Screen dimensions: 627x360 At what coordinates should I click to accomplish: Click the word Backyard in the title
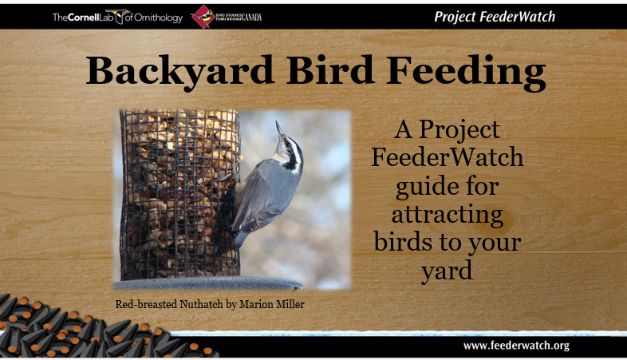(180, 72)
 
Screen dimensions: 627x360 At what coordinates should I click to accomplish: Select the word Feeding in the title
(466, 73)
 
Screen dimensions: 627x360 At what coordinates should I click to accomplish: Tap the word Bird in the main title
(330, 70)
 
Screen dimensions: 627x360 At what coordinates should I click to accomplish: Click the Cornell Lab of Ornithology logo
(117, 17)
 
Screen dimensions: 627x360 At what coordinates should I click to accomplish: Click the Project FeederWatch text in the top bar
(495, 17)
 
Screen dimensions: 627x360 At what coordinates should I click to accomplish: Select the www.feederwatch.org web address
(516, 346)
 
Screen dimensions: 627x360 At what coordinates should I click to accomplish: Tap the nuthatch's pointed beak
(279, 128)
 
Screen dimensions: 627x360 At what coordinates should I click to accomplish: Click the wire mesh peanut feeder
(180, 194)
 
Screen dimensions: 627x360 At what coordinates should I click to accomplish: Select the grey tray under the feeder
(208, 283)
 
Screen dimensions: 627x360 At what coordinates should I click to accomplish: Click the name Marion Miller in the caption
(272, 304)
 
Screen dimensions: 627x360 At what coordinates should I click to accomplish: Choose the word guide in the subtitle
(427, 188)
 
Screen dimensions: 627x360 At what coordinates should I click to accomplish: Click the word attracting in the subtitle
(447, 216)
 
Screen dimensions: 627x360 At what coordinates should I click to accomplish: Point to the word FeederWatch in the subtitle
(447, 156)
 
